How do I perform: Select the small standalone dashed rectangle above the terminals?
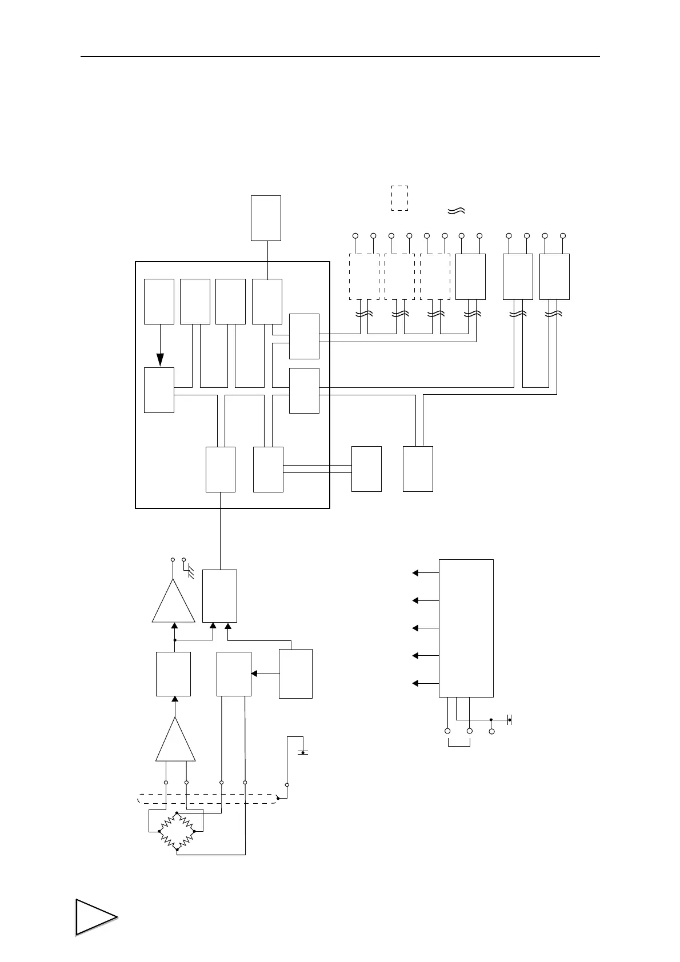tap(399, 198)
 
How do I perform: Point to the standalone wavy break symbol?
tap(457, 211)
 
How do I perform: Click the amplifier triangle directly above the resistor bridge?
tap(175, 741)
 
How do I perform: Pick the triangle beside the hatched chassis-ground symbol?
tap(174, 603)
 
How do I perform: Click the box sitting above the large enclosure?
tap(266, 218)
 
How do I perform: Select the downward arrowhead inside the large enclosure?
tap(160, 359)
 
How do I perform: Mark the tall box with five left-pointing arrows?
tap(466, 628)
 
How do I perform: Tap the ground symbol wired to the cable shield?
tap(302, 752)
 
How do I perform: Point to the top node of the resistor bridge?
tap(177, 812)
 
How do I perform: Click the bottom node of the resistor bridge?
tap(177, 850)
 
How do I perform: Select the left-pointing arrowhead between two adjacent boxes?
tap(255, 674)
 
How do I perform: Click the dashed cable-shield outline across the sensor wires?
tap(209, 799)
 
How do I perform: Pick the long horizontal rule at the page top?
tap(340, 57)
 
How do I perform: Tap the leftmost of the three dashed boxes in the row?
tap(364, 276)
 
